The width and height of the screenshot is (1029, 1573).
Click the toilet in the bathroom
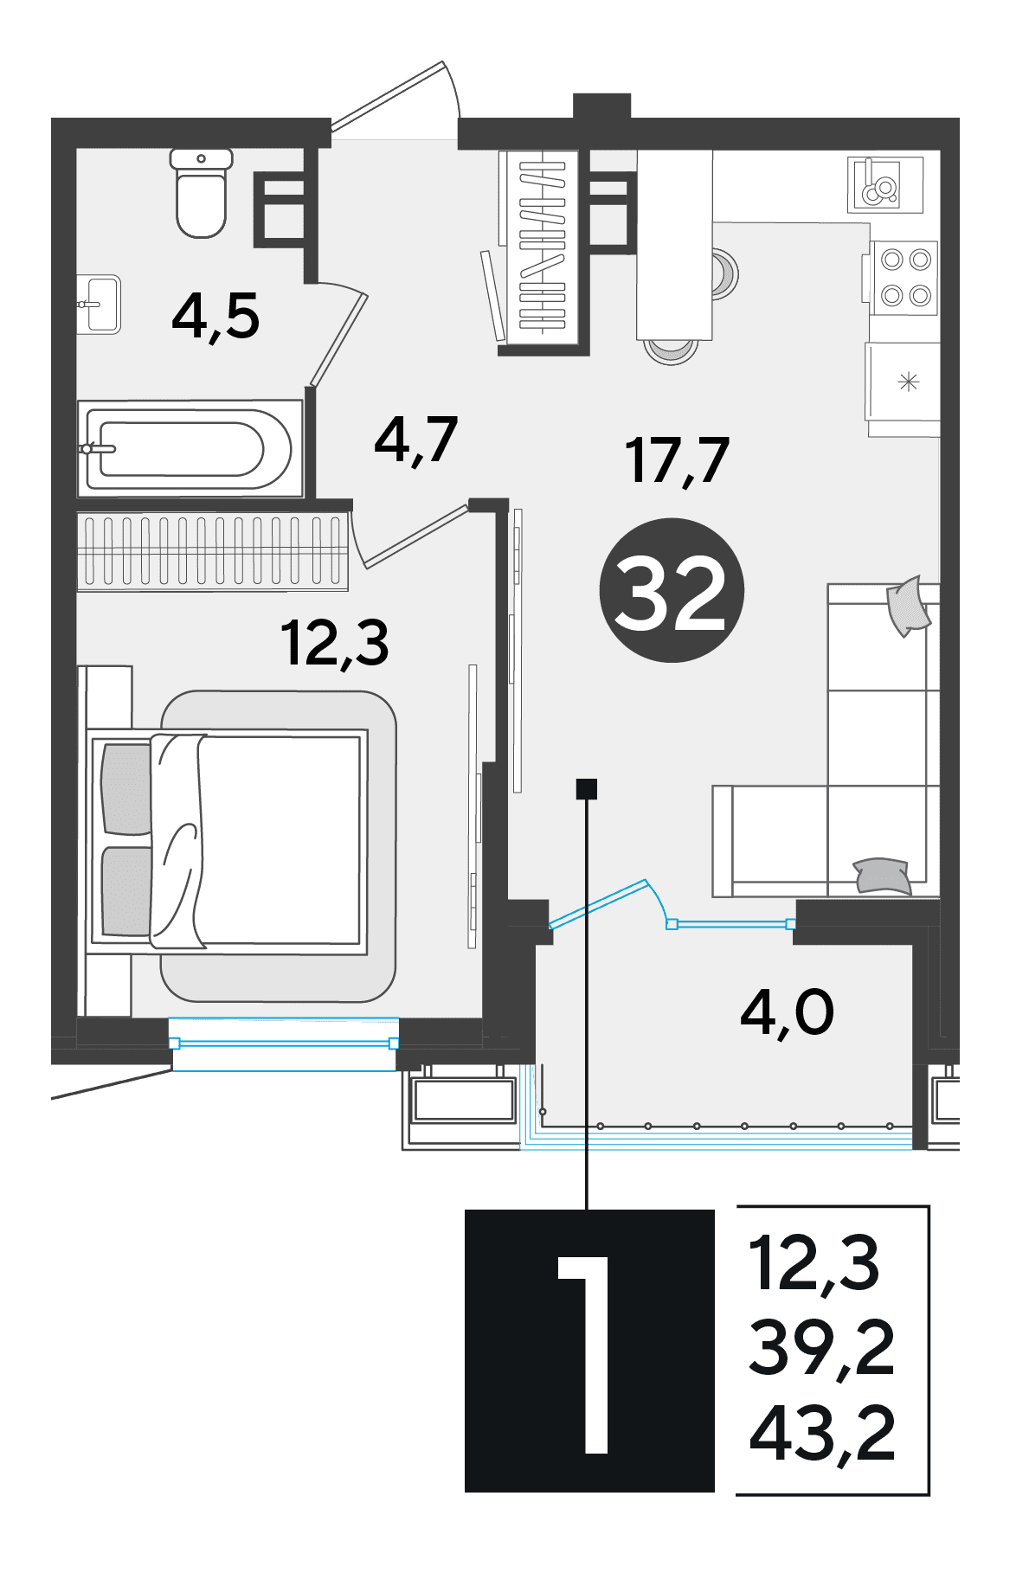tap(201, 192)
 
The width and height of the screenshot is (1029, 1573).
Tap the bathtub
tap(190, 449)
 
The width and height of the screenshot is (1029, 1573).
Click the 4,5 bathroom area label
tap(215, 317)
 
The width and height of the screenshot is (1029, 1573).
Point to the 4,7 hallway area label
tap(416, 440)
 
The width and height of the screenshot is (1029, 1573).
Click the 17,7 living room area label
tap(678, 461)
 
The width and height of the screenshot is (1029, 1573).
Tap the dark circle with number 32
tap(672, 591)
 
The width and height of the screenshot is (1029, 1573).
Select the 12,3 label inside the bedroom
tap(335, 644)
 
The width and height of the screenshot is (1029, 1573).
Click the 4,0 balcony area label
tap(788, 1013)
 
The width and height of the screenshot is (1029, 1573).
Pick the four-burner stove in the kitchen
tap(904, 277)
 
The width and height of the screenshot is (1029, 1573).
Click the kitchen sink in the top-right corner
tap(885, 184)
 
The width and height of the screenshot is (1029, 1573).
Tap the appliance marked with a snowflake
tap(904, 382)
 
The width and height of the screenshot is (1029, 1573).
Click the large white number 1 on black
tap(587, 1354)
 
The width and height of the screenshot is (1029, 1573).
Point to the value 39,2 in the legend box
tap(821, 1347)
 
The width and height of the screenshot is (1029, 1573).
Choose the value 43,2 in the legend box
tap(821, 1434)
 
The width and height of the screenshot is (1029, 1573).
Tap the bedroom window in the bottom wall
tap(284, 1044)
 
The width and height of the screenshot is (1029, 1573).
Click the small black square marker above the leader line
tap(587, 788)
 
